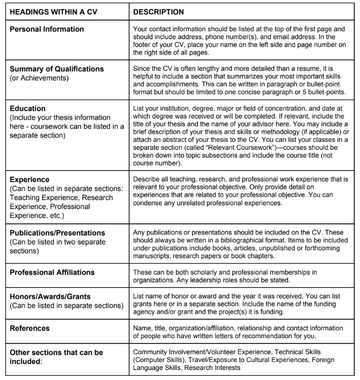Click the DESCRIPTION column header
[159, 12]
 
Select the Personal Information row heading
[47, 29]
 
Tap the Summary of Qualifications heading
[57, 69]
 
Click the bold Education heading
[27, 108]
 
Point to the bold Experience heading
[29, 179]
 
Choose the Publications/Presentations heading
[57, 233]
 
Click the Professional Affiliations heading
[52, 272]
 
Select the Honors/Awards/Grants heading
[50, 296]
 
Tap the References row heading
[30, 328]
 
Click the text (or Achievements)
[39, 78]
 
